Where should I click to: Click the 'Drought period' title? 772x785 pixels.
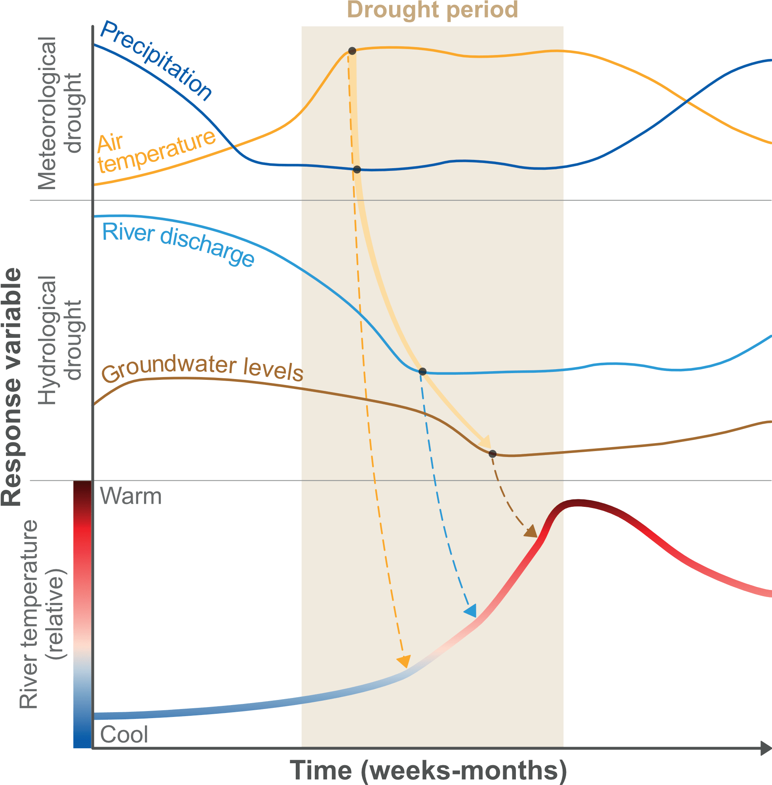coord(432,10)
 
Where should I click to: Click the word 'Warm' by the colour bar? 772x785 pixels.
coord(131,496)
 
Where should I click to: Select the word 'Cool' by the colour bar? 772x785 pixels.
coord(124,734)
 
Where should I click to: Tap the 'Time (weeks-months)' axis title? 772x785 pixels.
coord(428,770)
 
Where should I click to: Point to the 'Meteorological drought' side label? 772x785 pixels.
coord(60,114)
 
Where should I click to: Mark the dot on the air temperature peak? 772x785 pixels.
coord(352,51)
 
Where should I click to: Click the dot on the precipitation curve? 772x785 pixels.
coord(357,169)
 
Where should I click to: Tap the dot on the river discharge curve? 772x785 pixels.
coord(422,371)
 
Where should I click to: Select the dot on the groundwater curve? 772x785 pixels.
coord(492,454)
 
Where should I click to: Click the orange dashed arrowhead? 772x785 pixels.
coord(404,661)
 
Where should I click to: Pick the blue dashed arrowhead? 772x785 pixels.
coord(471,611)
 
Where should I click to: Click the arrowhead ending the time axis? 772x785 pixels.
coord(766,748)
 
